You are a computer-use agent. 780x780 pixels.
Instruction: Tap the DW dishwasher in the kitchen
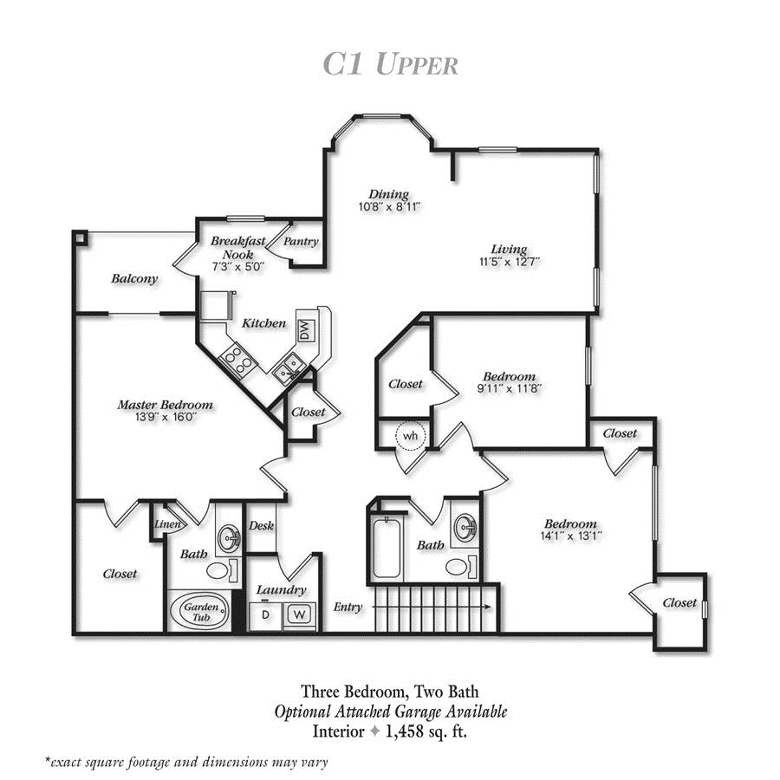pyautogui.click(x=305, y=329)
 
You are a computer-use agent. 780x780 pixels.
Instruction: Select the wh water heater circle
pyautogui.click(x=408, y=435)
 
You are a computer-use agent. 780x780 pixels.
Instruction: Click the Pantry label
pyautogui.click(x=301, y=242)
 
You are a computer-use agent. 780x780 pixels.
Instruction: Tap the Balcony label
pyautogui.click(x=134, y=278)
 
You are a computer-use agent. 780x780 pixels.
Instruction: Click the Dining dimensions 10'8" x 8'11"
pyautogui.click(x=389, y=207)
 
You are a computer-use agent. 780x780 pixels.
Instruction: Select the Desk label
pyautogui.click(x=261, y=525)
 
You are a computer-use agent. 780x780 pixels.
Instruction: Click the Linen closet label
pyautogui.click(x=166, y=524)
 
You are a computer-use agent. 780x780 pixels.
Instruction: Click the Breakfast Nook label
pyautogui.click(x=231, y=249)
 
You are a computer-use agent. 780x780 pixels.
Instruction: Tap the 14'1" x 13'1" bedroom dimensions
pyautogui.click(x=571, y=536)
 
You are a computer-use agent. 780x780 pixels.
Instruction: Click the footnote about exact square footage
pyautogui.click(x=187, y=763)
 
